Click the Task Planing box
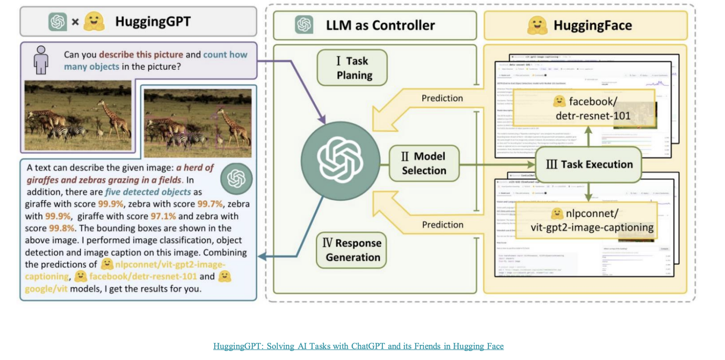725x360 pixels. click(352, 68)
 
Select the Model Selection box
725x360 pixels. click(424, 163)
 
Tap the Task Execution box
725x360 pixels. click(589, 165)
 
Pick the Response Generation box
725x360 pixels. click(352, 250)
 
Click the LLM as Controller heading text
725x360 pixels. click(380, 25)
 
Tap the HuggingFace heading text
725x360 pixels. click(592, 25)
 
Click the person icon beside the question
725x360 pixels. click(41, 60)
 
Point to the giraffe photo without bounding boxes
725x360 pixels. click(78, 115)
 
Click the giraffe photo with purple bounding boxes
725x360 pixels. click(198, 123)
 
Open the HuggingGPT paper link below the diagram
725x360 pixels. click(358, 346)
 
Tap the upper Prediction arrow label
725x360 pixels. click(442, 98)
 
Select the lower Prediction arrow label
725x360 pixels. click(442, 224)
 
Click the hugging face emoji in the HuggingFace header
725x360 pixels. click(537, 25)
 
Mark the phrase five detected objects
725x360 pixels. click(148, 192)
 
